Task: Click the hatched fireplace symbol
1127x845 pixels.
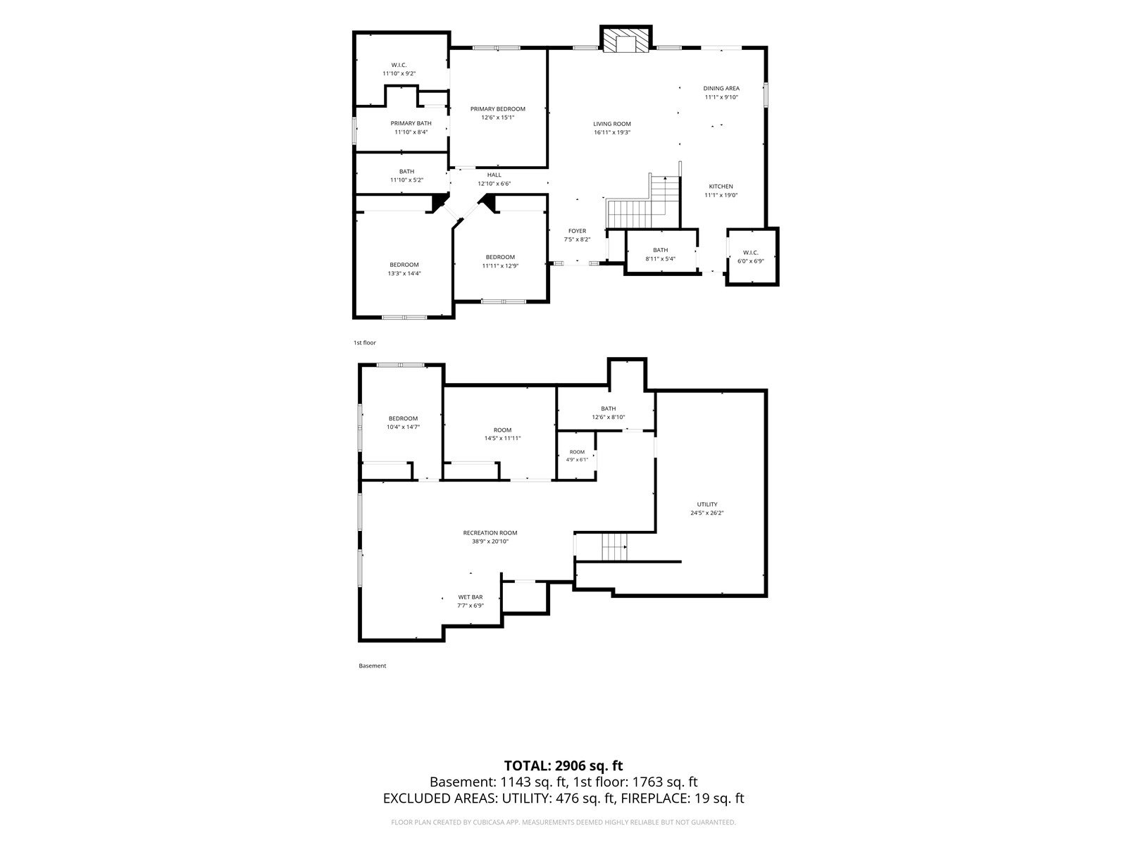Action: click(x=626, y=39)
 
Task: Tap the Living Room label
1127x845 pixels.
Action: click(x=612, y=124)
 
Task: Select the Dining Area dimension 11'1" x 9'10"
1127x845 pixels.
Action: click(x=721, y=97)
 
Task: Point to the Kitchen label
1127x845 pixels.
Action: click(x=721, y=186)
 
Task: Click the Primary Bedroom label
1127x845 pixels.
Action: click(x=498, y=108)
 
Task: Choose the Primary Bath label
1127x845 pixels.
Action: click(x=411, y=123)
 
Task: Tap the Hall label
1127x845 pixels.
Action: click(x=494, y=175)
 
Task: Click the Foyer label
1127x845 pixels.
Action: click(x=577, y=231)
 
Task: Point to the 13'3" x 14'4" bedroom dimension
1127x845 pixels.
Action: click(x=404, y=273)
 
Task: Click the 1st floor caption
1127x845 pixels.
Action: click(x=365, y=343)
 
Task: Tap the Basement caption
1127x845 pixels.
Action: click(x=372, y=666)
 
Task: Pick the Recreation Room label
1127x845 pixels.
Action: click(x=490, y=532)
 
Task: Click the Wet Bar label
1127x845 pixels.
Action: click(x=471, y=597)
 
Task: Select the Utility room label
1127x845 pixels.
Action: click(x=707, y=504)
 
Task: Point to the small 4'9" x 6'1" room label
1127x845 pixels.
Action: click(x=577, y=456)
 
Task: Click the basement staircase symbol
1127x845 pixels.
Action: click(x=615, y=547)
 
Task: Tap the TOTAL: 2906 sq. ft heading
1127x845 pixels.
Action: click(x=563, y=765)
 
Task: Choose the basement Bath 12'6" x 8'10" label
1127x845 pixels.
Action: click(x=609, y=413)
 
